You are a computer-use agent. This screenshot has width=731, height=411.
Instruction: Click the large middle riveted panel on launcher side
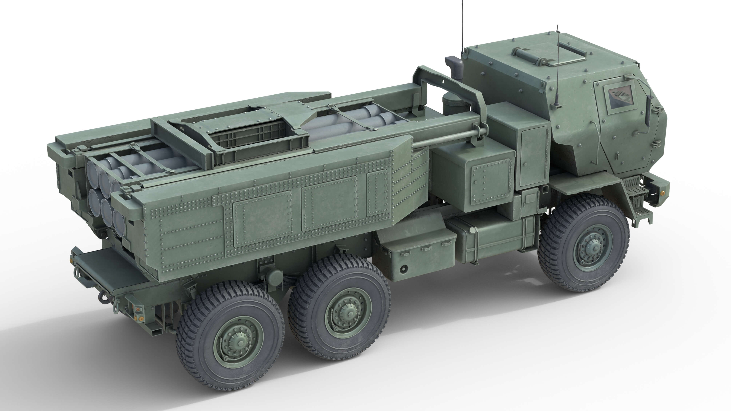[329, 204]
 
